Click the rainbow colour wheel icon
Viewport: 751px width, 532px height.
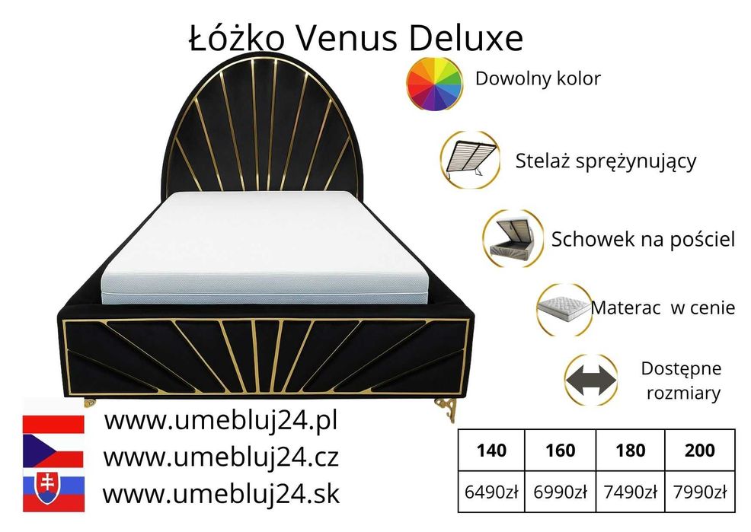435,81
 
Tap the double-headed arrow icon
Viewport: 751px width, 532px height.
591,380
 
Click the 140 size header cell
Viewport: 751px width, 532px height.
491,450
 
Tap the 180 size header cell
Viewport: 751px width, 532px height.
630,450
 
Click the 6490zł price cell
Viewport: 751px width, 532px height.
491,492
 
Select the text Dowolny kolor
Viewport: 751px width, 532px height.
538,78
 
